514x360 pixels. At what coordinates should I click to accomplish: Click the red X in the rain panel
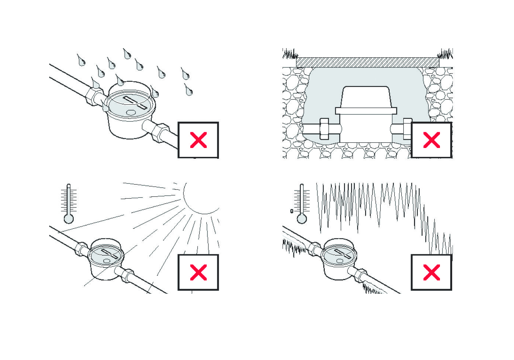[x=198, y=141]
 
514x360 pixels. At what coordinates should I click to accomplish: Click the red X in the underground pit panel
[x=431, y=141]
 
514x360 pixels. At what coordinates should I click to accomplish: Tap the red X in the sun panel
[x=198, y=273]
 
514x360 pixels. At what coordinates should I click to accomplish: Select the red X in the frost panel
[x=431, y=273]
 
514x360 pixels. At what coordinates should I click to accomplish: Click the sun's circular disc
[x=202, y=196]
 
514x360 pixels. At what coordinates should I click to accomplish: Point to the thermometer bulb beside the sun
[x=69, y=219]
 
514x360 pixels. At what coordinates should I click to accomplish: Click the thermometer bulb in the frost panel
[x=302, y=219]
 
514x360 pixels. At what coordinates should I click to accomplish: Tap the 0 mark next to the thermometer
[x=292, y=211]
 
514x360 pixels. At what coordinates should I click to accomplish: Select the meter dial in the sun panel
[x=106, y=254]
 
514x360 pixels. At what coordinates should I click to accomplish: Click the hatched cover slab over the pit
[x=367, y=63]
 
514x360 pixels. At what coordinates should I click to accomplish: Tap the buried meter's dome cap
[x=366, y=97]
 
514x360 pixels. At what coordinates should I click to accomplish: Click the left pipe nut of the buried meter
[x=324, y=129]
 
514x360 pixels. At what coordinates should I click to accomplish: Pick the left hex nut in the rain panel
[x=94, y=95]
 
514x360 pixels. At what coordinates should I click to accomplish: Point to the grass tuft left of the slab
[x=290, y=54]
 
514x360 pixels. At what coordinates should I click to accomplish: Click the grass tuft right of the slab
[x=445, y=54]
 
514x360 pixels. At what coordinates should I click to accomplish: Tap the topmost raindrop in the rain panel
[x=127, y=54]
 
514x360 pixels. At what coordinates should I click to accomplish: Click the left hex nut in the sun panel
[x=81, y=248]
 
